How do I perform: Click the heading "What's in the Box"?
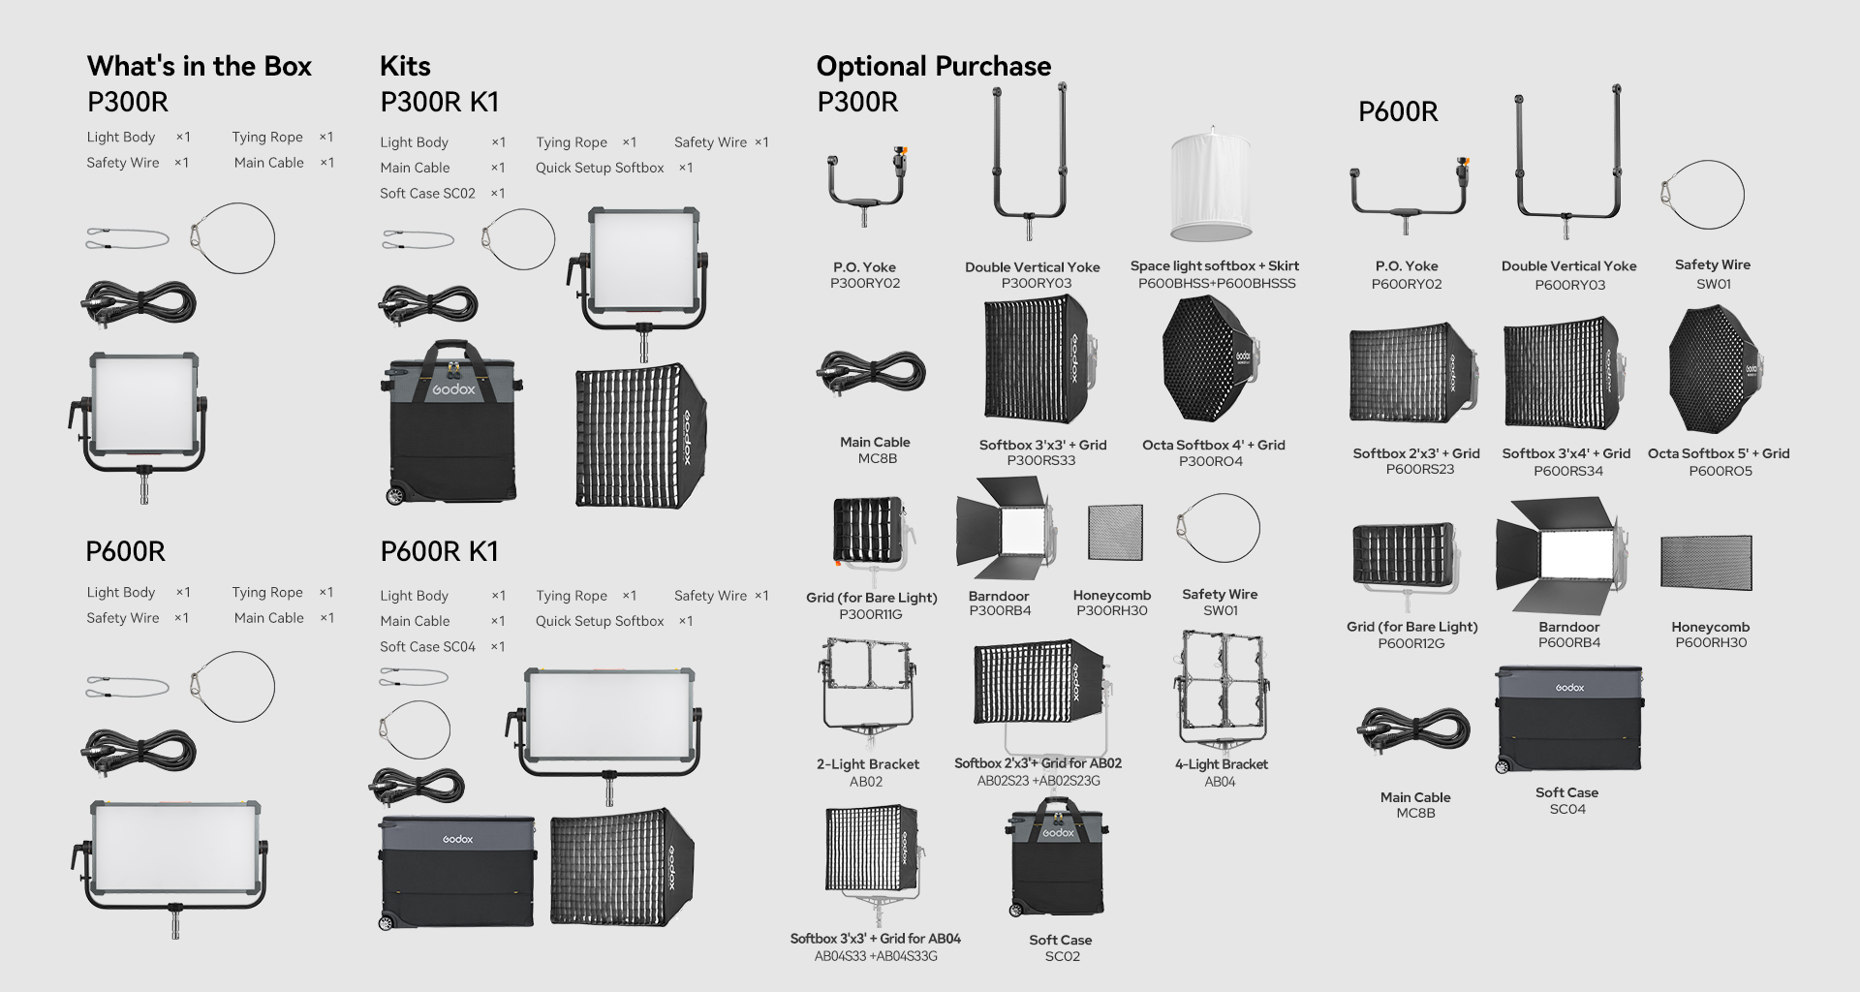click(x=200, y=66)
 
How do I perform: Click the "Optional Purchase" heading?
click(x=934, y=66)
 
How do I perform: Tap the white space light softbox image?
click(x=1211, y=184)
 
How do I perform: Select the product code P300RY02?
click(x=865, y=284)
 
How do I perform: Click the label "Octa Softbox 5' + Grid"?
click(x=1719, y=453)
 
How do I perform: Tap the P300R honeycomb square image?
click(x=1115, y=532)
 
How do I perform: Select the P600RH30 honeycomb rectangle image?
click(x=1706, y=563)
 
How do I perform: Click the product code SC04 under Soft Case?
click(x=1567, y=809)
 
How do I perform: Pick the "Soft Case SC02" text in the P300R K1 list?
click(x=427, y=194)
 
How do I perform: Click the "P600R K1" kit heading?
click(x=440, y=551)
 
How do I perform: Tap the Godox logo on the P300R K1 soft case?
click(x=453, y=389)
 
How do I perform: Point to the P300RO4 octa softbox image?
click(x=1210, y=359)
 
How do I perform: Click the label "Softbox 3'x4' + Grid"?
click(x=1566, y=453)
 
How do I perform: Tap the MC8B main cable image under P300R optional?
click(x=873, y=374)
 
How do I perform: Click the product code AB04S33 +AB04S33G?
click(x=876, y=956)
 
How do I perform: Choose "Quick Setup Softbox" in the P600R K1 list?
click(x=600, y=621)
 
